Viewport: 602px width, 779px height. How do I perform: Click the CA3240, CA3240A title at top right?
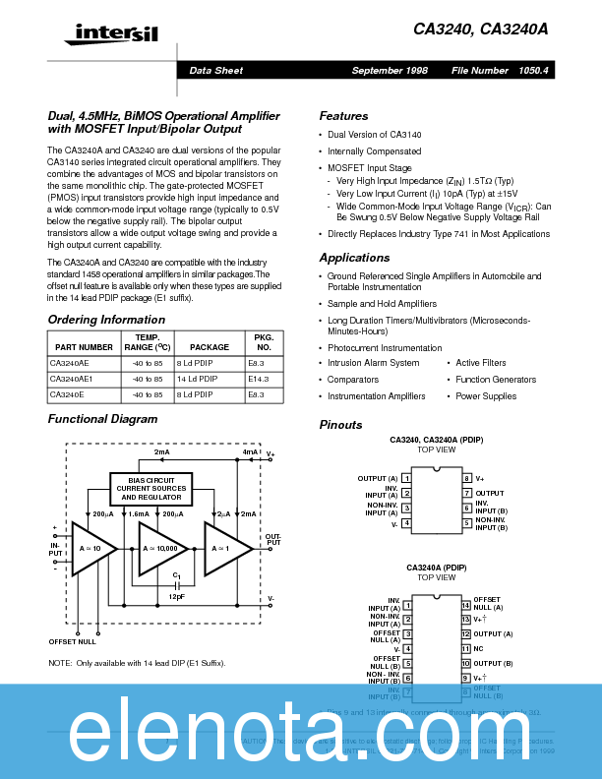(481, 30)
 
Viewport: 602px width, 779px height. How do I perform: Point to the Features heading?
(343, 116)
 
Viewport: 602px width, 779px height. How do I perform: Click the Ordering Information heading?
(106, 320)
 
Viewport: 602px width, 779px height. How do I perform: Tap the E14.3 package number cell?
(259, 378)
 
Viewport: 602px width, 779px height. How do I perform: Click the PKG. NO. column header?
(264, 342)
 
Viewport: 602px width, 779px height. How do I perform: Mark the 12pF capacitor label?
(176, 596)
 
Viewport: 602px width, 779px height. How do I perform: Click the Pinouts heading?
(340, 425)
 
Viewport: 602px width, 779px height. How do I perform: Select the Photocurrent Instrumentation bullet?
(385, 348)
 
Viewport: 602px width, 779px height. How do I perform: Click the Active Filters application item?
(481, 363)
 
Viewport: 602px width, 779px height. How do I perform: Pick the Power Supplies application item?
(486, 396)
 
